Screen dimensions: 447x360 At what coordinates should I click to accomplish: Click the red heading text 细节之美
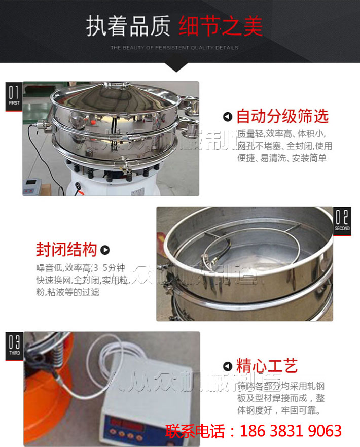point(221,26)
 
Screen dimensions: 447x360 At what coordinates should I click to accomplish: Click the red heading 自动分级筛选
point(282,117)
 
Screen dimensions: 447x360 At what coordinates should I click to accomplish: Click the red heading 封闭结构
point(66,250)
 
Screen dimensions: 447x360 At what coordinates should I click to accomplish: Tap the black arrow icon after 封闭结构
point(105,250)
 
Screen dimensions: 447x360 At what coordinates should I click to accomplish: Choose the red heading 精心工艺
point(267,366)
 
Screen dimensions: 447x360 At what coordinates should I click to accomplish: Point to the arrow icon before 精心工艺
point(228,366)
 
